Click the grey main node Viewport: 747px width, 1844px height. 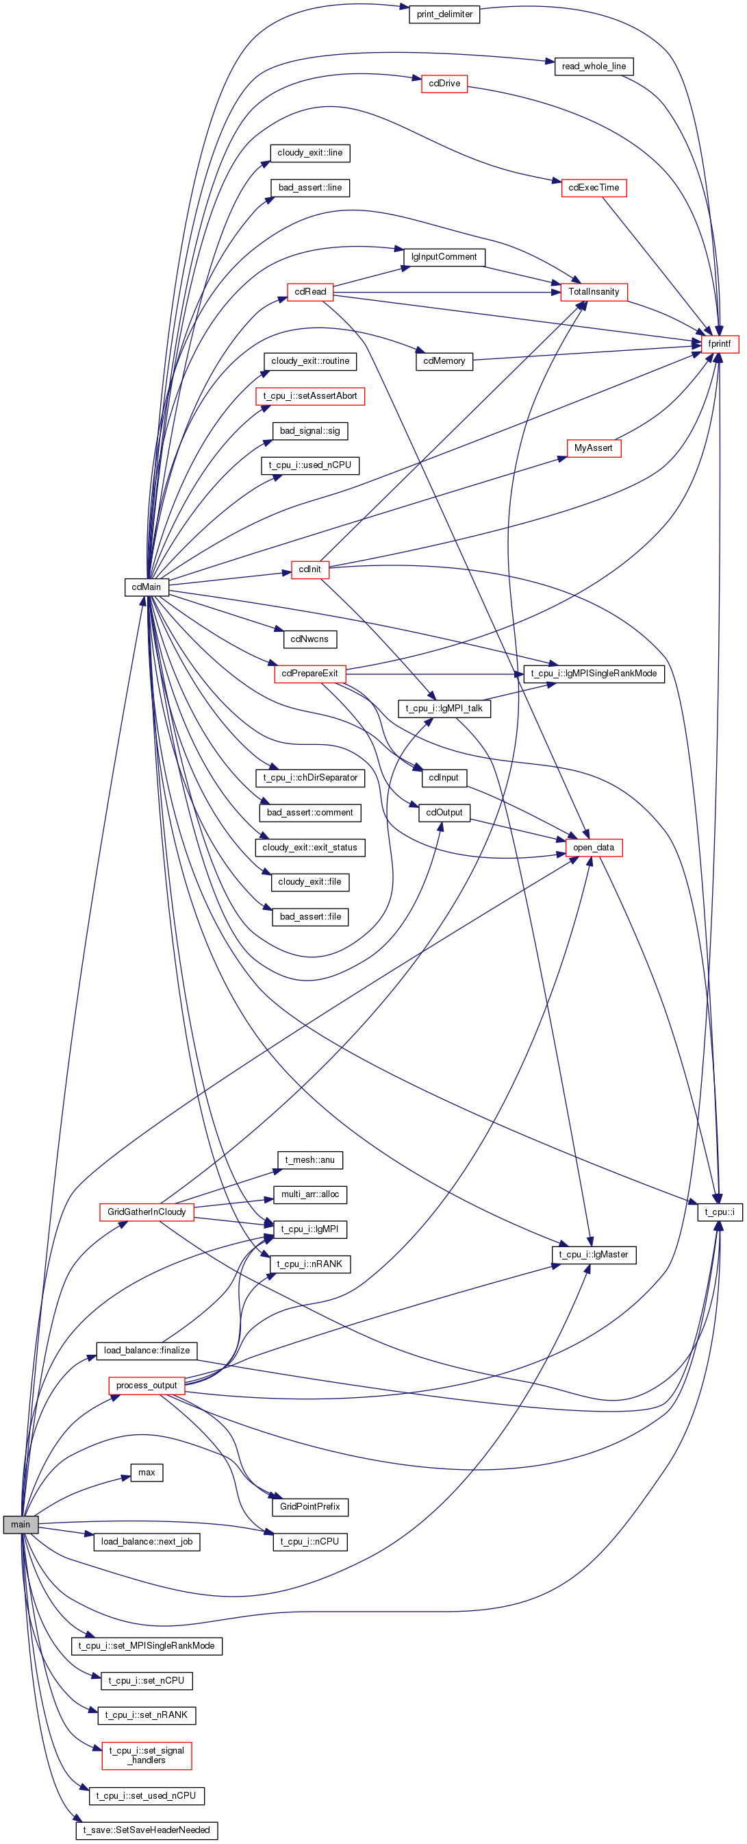[x=21, y=1524]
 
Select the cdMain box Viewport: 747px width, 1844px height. [x=147, y=587]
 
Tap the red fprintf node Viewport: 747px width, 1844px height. [x=719, y=343]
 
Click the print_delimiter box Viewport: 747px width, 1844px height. [x=444, y=14]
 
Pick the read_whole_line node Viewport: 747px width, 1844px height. [x=594, y=66]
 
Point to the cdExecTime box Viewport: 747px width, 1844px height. [x=594, y=188]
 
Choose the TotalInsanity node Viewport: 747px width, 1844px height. [x=594, y=292]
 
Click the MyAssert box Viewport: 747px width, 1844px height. [x=593, y=448]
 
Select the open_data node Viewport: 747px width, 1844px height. [x=594, y=848]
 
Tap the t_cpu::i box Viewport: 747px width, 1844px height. [x=720, y=1212]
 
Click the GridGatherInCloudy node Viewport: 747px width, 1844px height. [x=147, y=1212]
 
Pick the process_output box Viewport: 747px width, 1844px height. [x=147, y=1385]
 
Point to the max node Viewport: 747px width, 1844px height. [x=147, y=1473]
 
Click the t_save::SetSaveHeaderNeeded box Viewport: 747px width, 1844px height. [x=147, y=1830]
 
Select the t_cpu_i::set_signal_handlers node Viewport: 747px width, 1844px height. [x=147, y=1755]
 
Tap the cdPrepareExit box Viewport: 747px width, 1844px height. [x=309, y=674]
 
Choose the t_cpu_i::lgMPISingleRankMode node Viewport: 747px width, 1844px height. [x=594, y=674]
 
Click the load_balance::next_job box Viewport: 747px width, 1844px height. [x=147, y=1541]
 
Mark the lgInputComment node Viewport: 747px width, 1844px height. [x=444, y=257]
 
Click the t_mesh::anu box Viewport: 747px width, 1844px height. [x=309, y=1159]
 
